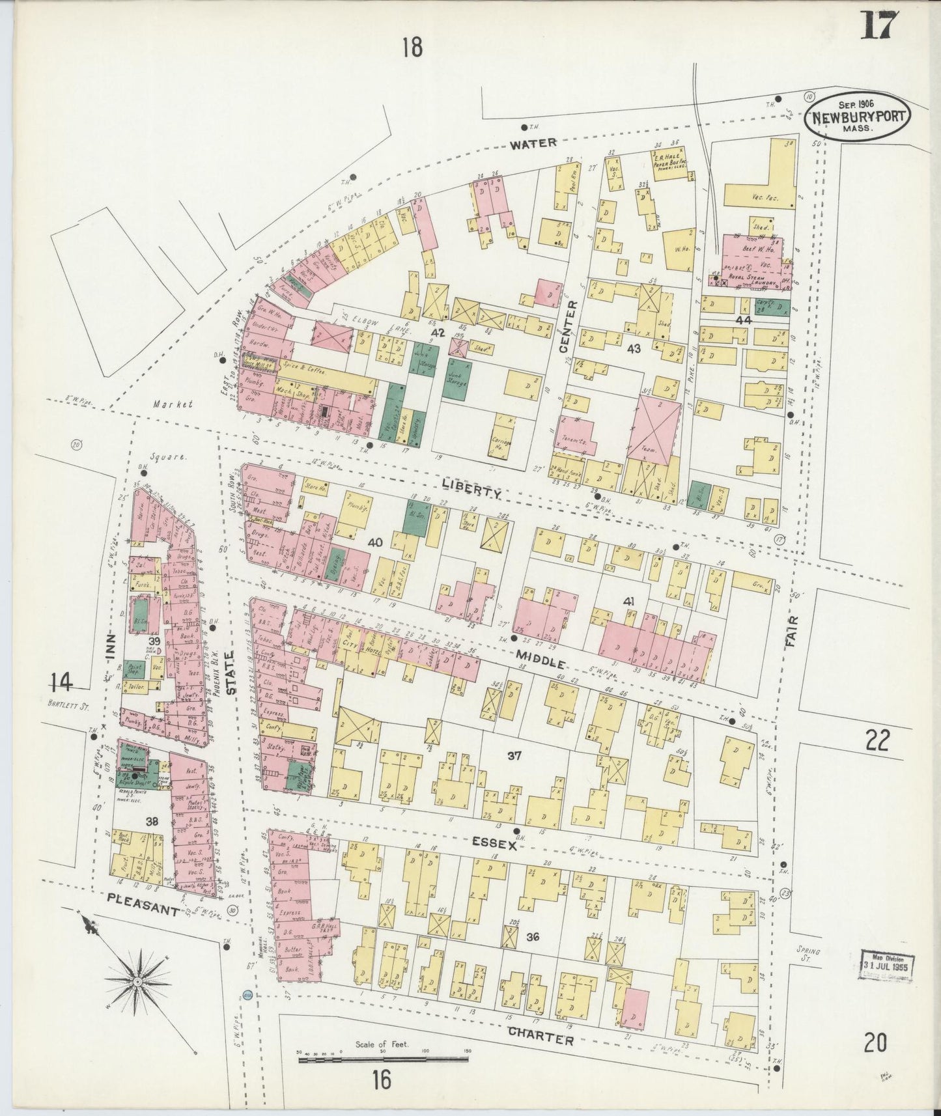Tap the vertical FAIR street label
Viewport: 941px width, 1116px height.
(x=791, y=632)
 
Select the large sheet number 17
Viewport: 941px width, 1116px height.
(x=880, y=27)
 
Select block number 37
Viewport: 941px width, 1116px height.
(x=514, y=755)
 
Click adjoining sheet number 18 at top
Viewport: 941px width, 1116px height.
(x=412, y=48)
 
